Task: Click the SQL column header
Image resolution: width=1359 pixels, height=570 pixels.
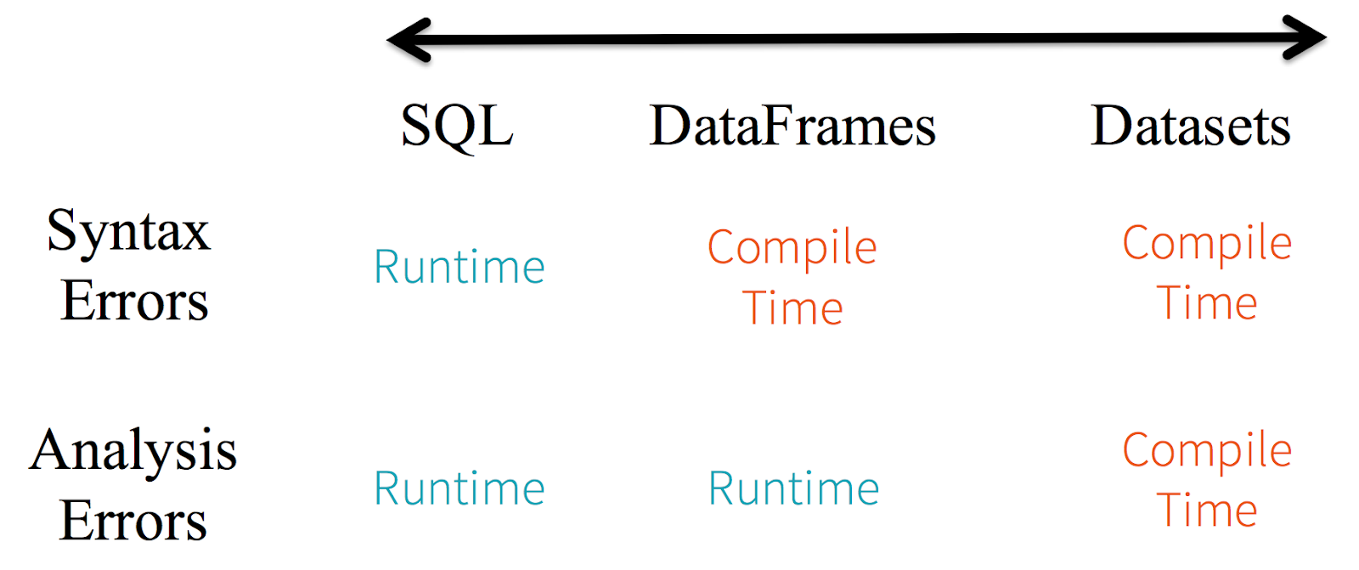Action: [457, 127]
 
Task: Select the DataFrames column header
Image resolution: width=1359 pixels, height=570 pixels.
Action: [792, 127]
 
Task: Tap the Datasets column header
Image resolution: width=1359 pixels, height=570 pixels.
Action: [1190, 127]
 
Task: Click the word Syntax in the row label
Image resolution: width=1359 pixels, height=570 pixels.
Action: [128, 232]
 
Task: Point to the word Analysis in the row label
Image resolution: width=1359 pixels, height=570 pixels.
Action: [133, 450]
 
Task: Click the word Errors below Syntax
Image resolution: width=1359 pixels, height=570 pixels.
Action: [134, 301]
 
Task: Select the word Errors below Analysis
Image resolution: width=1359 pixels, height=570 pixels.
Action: [133, 520]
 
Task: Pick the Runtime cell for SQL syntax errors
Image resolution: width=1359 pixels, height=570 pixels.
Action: [460, 268]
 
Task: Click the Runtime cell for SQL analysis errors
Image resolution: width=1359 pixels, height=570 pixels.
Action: [460, 489]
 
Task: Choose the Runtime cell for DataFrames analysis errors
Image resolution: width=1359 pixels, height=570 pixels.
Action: [794, 489]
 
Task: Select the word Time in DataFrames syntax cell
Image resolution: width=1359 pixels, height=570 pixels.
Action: [793, 308]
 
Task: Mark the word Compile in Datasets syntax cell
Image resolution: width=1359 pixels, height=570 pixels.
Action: [1207, 244]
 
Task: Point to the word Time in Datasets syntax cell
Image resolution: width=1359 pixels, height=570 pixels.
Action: [1207, 303]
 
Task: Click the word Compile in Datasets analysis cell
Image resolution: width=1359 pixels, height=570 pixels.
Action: [1207, 451]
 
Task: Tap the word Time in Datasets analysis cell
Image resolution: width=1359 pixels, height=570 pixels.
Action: [1207, 511]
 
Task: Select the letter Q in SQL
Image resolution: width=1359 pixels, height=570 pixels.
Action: [457, 127]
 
